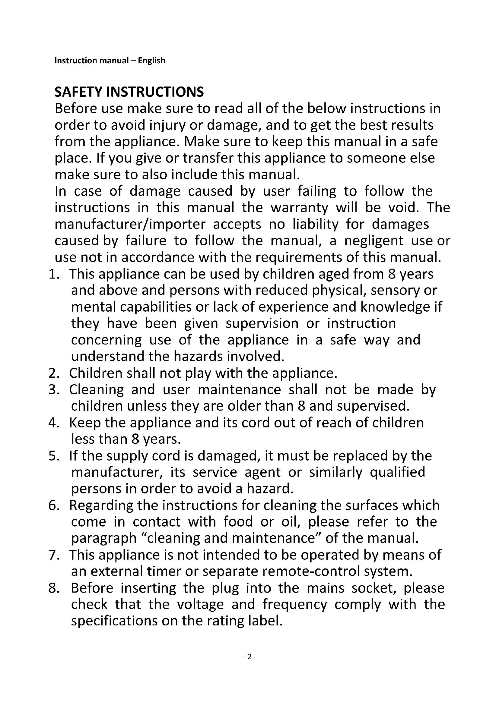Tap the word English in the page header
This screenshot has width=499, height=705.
tap(151, 61)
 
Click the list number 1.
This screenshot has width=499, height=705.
tap(53, 274)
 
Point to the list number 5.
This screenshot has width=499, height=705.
tap(53, 456)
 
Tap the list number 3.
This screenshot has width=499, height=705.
tap(53, 390)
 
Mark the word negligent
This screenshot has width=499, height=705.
tap(373, 241)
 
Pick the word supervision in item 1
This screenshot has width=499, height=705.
tap(262, 324)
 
